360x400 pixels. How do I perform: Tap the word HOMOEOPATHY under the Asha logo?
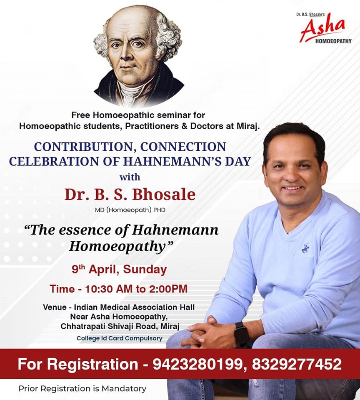(333, 41)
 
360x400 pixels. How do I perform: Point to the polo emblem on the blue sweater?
(305, 248)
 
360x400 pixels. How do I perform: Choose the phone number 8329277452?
(297, 364)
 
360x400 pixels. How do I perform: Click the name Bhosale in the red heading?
(164, 195)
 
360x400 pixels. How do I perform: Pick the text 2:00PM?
(168, 289)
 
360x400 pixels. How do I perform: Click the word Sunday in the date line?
(145, 270)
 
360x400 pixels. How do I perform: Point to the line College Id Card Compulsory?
(120, 338)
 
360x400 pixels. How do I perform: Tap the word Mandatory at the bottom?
(124, 389)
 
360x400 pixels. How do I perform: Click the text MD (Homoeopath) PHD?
(130, 210)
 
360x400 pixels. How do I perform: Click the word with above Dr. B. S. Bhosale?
(130, 177)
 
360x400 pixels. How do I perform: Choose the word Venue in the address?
(55, 307)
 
